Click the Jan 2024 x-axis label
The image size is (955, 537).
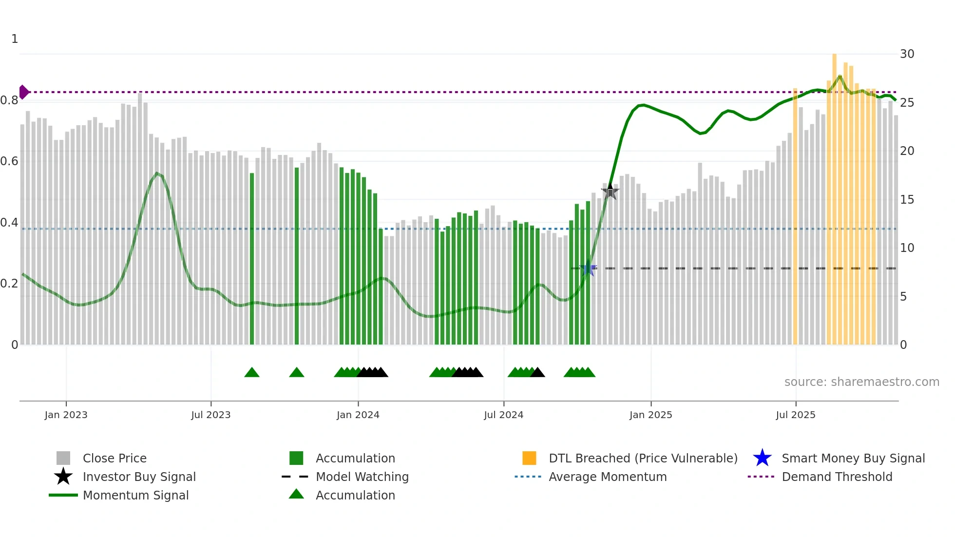click(x=358, y=415)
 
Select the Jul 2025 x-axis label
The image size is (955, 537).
click(x=795, y=415)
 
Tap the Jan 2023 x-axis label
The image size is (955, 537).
click(x=66, y=415)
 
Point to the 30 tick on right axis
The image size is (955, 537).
click(x=907, y=54)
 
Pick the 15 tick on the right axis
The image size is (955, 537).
click(x=907, y=200)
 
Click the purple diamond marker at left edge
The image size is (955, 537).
click(x=23, y=92)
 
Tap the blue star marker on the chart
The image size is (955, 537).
click(x=588, y=268)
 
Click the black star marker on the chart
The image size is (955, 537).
click(x=610, y=192)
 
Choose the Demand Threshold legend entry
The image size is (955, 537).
click(x=837, y=477)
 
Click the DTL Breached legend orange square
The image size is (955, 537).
click(x=529, y=459)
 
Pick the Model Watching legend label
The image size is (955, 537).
click(x=362, y=477)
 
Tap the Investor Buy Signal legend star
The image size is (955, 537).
click(x=63, y=477)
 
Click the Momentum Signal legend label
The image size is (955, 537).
click(x=135, y=496)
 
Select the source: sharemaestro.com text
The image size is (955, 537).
click(x=861, y=382)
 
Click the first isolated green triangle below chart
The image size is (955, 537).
click(x=252, y=373)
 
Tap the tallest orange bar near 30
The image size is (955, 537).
click(x=834, y=195)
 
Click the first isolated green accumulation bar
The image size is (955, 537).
click(x=252, y=258)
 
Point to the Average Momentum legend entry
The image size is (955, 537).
click(x=607, y=477)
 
